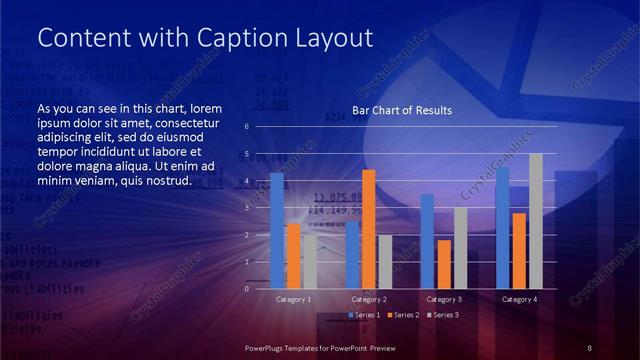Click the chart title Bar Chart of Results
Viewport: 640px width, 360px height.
[x=401, y=110]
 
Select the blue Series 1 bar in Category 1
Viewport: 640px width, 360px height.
[x=277, y=230]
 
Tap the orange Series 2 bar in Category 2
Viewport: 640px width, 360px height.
[x=368, y=229]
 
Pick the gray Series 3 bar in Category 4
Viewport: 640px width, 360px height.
[x=535, y=221]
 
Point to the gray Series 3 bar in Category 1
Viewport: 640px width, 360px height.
[x=309, y=261]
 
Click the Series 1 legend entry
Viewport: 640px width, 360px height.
[x=365, y=315]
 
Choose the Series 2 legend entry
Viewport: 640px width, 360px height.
[x=403, y=315]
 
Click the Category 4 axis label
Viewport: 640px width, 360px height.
[x=519, y=299]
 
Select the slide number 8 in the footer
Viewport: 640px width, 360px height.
[x=589, y=347]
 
